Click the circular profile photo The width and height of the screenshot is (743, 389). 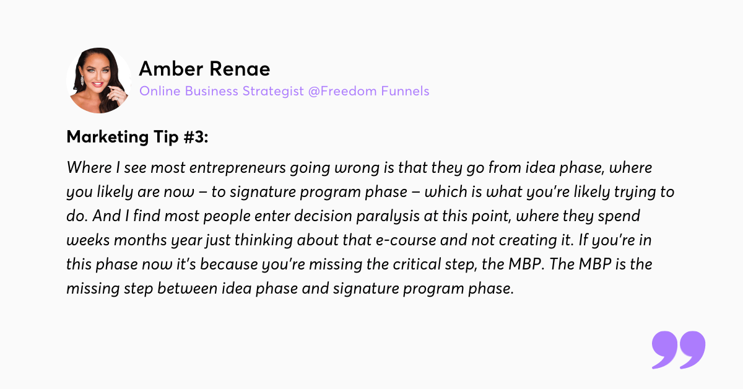click(99, 81)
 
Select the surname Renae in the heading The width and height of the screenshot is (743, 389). click(240, 69)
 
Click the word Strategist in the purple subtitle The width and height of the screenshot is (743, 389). click(273, 91)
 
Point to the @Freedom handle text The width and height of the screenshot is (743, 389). click(342, 91)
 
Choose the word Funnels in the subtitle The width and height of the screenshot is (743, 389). click(405, 91)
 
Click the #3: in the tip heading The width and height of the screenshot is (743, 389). click(196, 137)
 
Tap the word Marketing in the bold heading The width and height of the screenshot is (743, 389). click(108, 138)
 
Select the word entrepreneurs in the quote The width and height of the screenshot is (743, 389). click(238, 168)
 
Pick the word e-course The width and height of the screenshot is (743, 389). click(406, 240)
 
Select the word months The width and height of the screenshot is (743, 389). click(141, 240)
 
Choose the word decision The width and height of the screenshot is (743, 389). click(323, 216)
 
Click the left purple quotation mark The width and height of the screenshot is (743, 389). click(664, 349)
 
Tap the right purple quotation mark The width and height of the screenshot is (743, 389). click(692, 349)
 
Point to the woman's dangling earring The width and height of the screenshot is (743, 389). click(82, 81)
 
